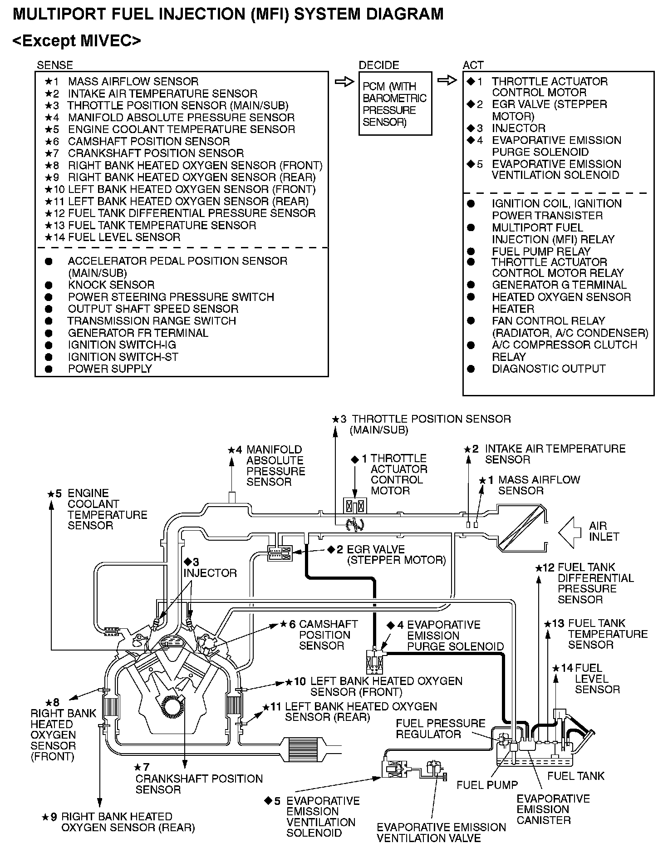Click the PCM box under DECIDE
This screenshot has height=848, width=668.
[395, 104]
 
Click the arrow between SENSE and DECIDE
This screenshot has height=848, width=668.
[344, 82]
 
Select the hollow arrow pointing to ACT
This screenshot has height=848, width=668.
[447, 81]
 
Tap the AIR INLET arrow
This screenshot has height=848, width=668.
[570, 531]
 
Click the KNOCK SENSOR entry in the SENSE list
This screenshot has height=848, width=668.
[111, 285]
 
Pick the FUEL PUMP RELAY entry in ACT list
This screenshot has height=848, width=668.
[541, 251]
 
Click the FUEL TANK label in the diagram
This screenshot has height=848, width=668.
[576, 776]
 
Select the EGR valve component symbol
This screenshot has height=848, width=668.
[280, 552]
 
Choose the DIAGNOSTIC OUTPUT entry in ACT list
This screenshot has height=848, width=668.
[549, 369]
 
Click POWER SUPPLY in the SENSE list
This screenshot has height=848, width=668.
[110, 369]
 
